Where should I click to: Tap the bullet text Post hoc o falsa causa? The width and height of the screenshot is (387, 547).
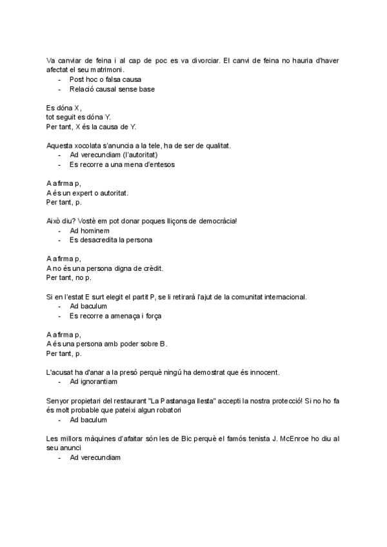[x=105, y=79]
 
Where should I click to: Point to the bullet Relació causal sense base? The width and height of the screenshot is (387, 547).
[x=112, y=88]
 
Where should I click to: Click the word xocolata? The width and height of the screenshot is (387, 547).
[x=92, y=146]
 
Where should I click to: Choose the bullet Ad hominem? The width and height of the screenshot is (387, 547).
[x=89, y=231]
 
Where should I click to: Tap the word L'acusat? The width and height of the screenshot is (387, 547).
[x=62, y=373]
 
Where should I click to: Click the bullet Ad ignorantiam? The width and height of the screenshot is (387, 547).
[x=94, y=382]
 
